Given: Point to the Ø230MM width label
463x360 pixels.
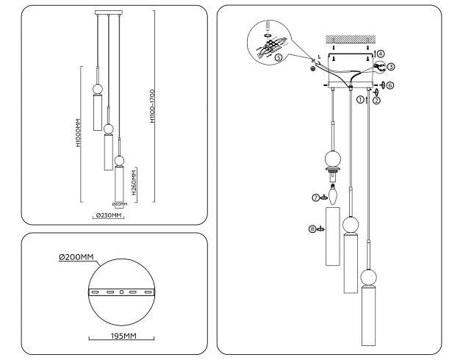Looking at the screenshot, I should [x=108, y=215].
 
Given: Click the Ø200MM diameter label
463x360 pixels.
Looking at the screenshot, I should [x=76, y=257].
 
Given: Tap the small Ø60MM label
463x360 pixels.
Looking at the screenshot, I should [x=119, y=204].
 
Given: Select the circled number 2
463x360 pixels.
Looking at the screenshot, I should [x=376, y=101].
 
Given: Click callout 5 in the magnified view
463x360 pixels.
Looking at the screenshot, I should [x=279, y=57].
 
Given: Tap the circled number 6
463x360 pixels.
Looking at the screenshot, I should [x=390, y=85].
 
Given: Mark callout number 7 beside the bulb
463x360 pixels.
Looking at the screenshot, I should [x=315, y=197].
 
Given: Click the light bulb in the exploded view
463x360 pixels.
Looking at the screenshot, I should [x=331, y=195].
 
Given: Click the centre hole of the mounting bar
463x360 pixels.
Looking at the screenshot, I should [x=122, y=292].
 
